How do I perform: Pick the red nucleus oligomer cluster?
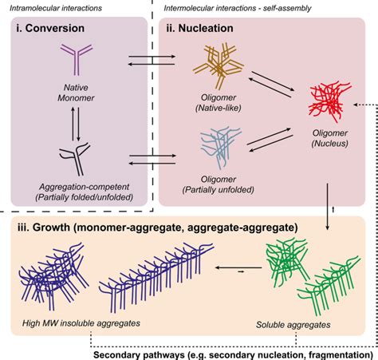tap(329, 104)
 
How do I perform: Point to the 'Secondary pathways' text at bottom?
tap(144, 352)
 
